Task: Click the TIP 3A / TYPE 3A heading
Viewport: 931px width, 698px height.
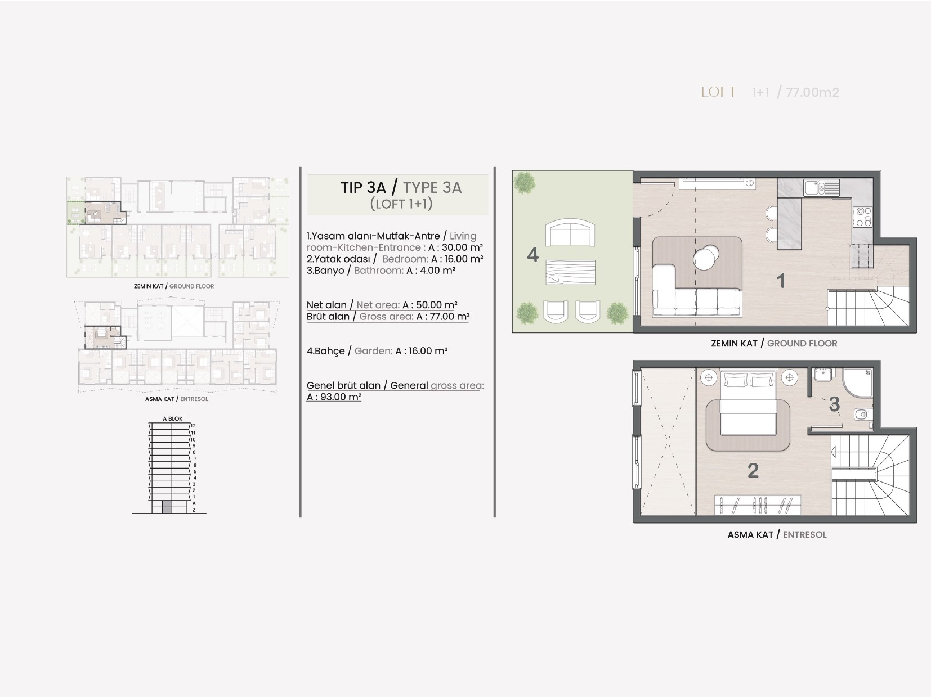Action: click(x=401, y=187)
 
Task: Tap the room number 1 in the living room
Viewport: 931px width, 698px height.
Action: click(x=780, y=281)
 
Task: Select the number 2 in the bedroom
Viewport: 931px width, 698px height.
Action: click(x=753, y=471)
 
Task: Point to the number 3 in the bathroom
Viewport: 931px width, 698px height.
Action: click(x=834, y=404)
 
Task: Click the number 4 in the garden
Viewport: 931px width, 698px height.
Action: click(x=532, y=255)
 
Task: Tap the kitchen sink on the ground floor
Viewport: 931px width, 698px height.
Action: click(x=821, y=187)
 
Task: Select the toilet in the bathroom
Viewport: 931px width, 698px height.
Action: click(x=862, y=414)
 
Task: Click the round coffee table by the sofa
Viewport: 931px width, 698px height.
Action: click(x=706, y=256)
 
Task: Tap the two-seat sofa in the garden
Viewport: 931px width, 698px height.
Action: click(x=570, y=232)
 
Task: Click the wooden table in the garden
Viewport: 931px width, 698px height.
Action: click(x=570, y=272)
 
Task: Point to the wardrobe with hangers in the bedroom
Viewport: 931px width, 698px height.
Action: click(x=758, y=505)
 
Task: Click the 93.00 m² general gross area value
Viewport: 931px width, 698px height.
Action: click(x=334, y=397)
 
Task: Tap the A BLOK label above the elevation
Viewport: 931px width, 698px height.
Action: click(x=173, y=418)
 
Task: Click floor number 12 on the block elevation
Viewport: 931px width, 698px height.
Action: click(x=193, y=426)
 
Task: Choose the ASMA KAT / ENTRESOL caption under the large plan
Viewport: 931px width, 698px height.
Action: click(x=777, y=535)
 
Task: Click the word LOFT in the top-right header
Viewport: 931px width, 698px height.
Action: click(x=718, y=92)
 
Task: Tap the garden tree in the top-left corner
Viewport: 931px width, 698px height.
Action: click(x=525, y=183)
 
